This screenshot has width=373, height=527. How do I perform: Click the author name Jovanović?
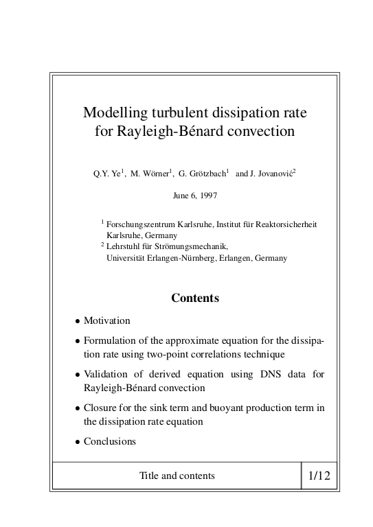273,174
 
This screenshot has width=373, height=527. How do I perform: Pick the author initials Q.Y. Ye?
106,174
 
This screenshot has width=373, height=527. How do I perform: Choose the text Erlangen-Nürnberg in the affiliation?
176,257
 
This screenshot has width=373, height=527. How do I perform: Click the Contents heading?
195,298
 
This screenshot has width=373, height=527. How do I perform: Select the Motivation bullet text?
106,320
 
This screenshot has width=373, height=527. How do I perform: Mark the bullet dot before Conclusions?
77,442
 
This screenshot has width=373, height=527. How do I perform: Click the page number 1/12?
319,476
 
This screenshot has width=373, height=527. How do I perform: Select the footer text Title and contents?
177,476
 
